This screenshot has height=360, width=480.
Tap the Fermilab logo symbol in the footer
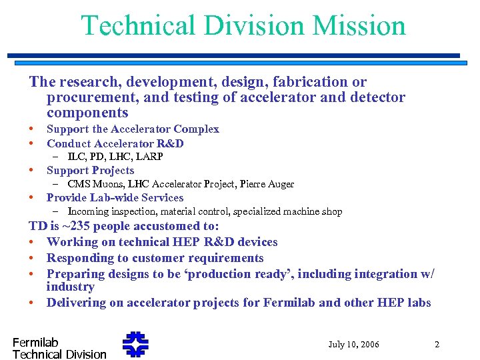pyautogui.click(x=135, y=344)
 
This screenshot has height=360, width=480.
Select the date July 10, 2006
pyautogui.click(x=353, y=345)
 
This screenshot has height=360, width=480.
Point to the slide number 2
pyautogui.click(x=437, y=345)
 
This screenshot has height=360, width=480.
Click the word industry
pyautogui.click(x=70, y=287)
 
